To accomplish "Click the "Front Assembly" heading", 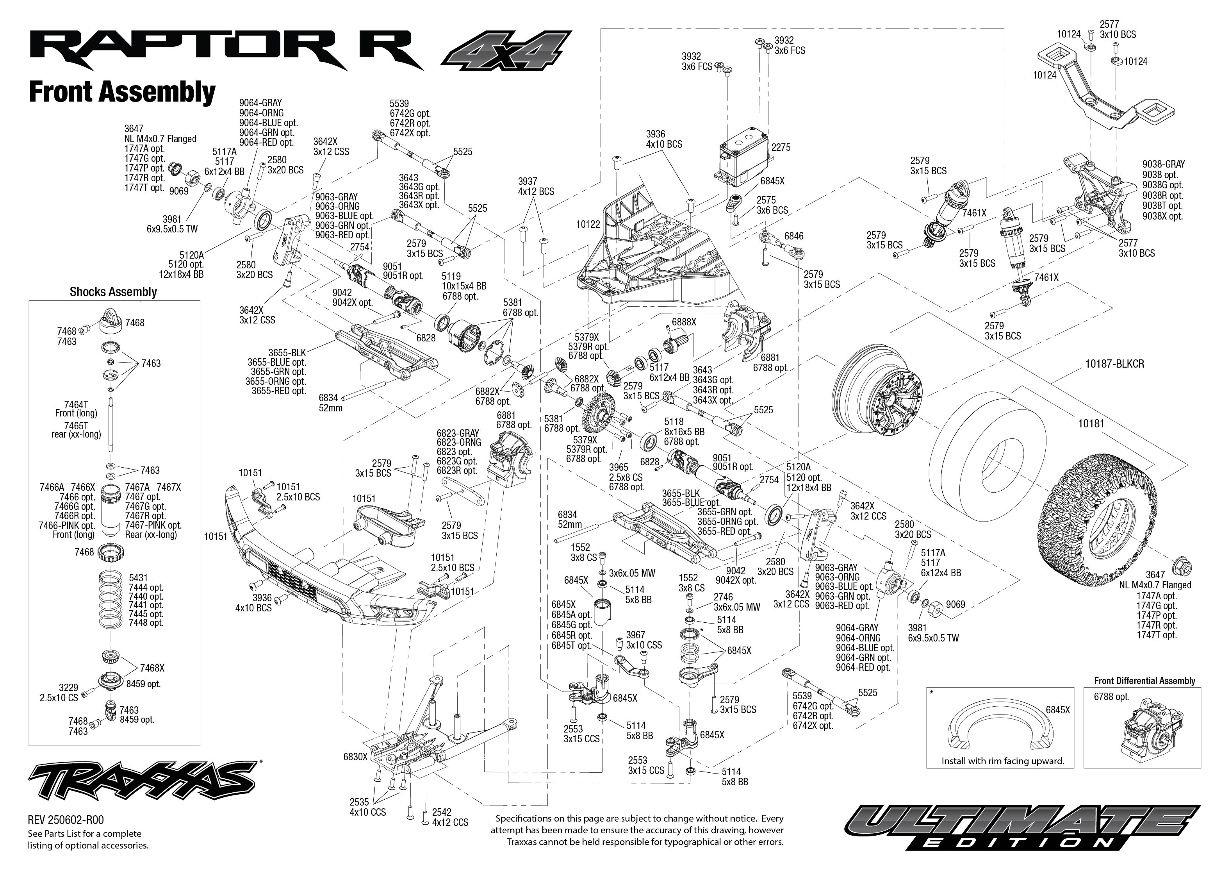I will [122, 92].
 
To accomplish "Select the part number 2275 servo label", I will [781, 147].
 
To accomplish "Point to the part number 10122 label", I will [588, 224].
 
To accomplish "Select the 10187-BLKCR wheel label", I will [1114, 364].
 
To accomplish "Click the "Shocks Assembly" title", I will [113, 292].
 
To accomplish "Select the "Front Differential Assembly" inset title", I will [1144, 681].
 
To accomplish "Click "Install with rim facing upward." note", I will [1002, 761].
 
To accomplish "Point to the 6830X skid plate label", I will [355, 757].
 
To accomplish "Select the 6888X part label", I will [684, 322].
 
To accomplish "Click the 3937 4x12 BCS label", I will [535, 187].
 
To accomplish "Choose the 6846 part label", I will [793, 236].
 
